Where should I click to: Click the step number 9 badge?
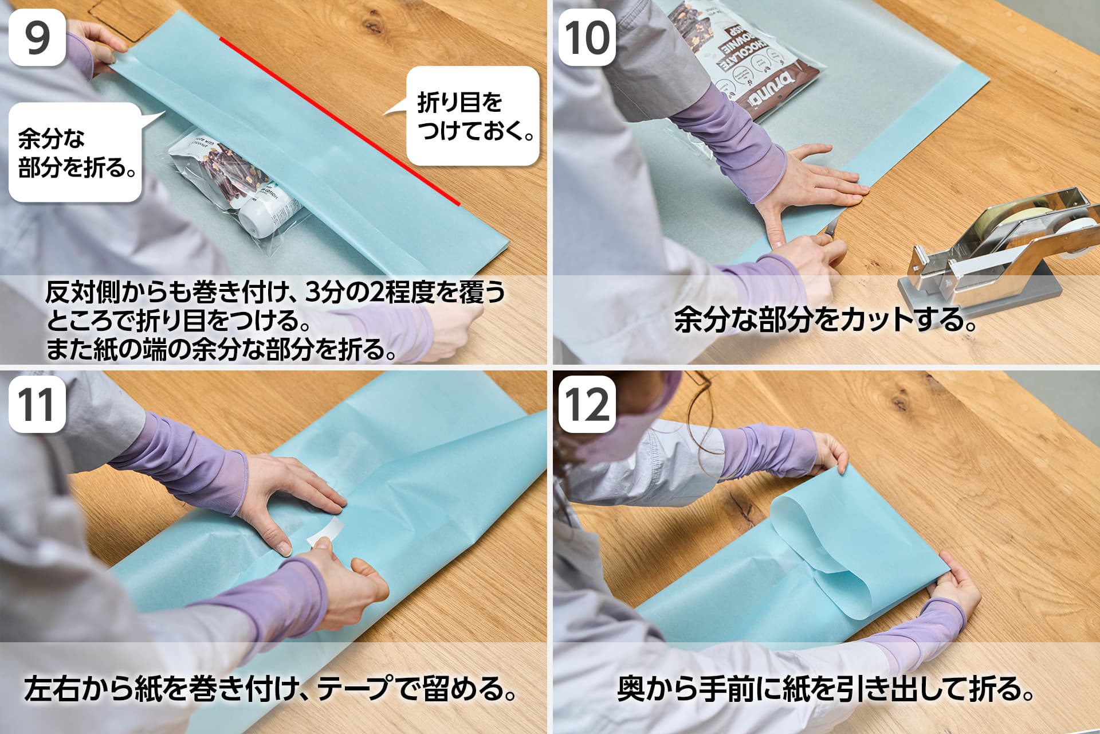click(x=37, y=37)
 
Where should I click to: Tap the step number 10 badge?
click(x=587, y=37)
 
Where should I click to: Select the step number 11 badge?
click(x=37, y=404)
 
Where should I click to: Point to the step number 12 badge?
click(x=587, y=404)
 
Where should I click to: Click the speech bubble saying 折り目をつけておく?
click(x=472, y=116)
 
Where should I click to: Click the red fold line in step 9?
click(x=340, y=121)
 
